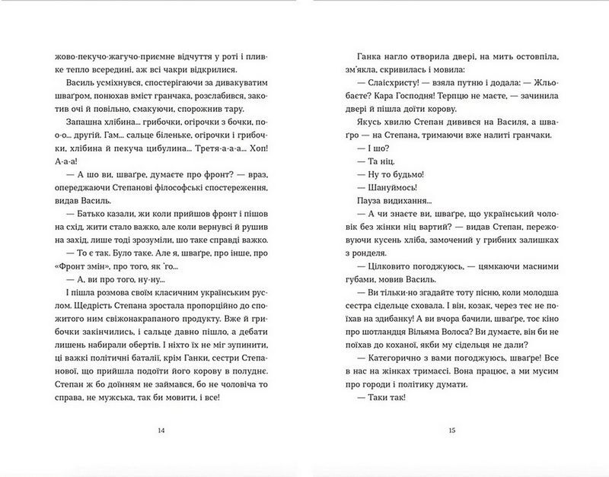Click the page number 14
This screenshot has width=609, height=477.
click(x=161, y=432)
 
